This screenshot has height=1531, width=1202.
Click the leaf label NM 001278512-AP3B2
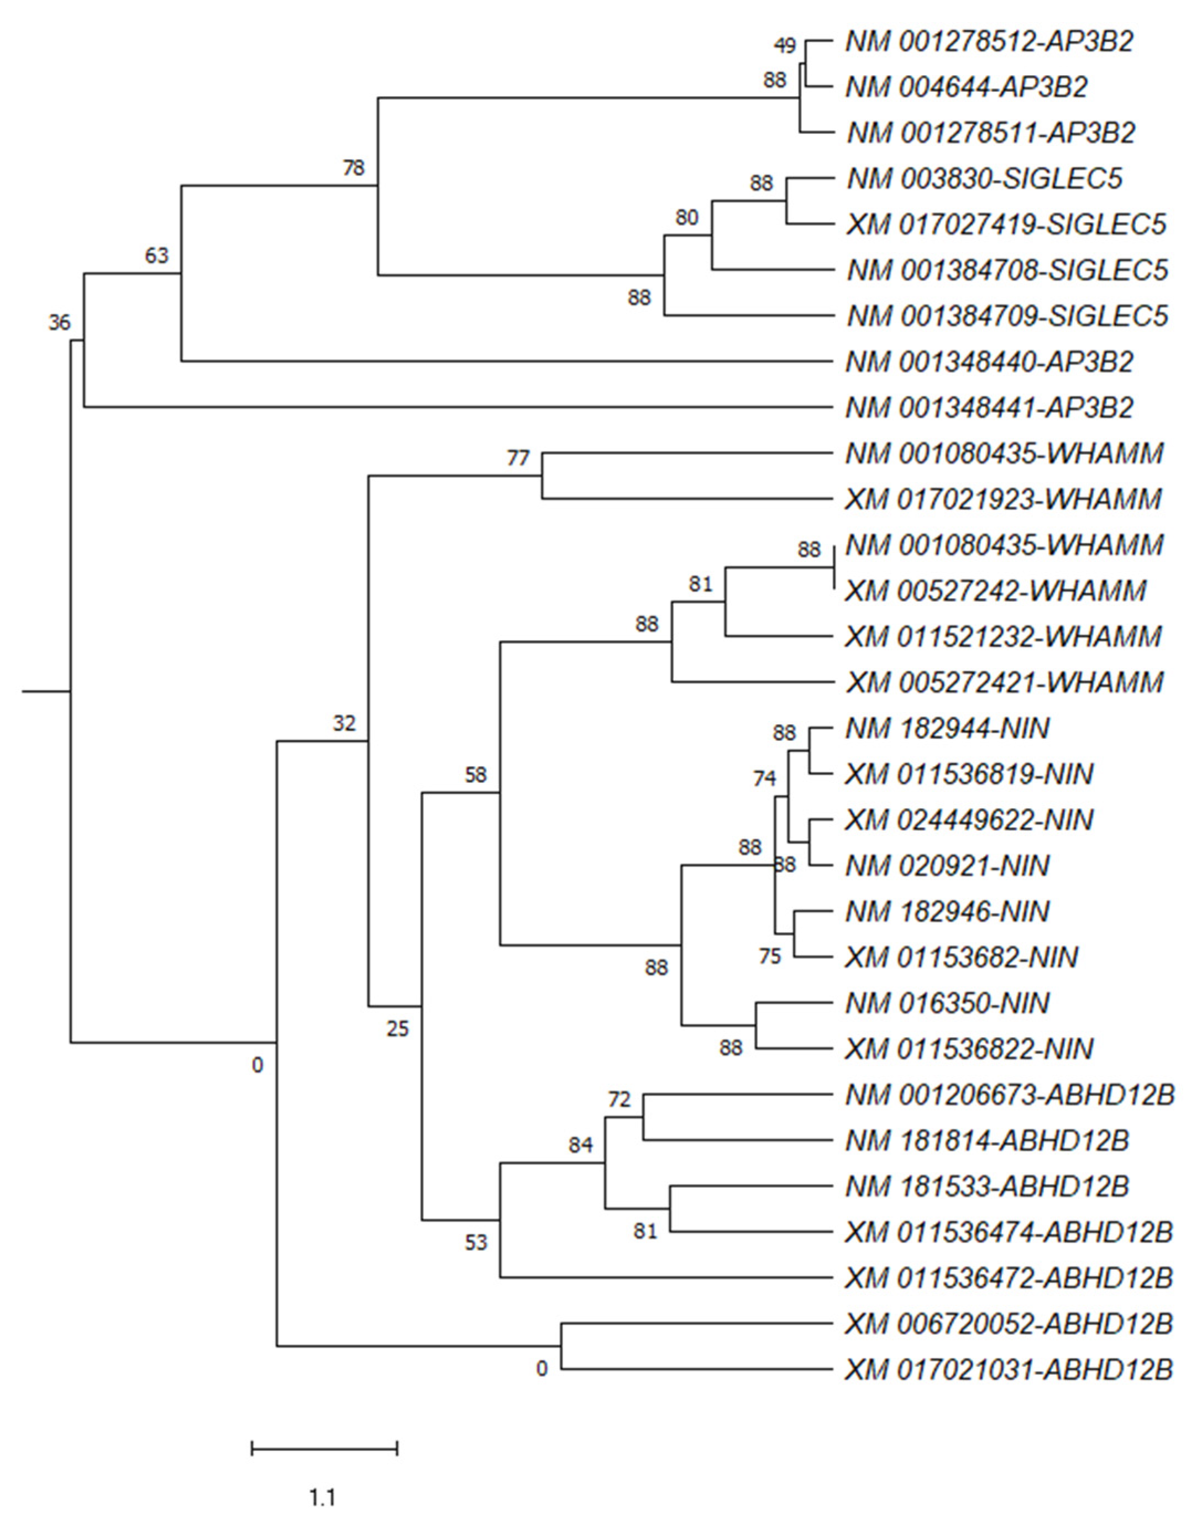pos(989,42)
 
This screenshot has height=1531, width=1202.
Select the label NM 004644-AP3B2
pos(967,87)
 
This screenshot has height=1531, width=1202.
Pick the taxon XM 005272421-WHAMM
pos(1004,682)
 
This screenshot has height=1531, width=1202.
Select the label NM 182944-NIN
pos(947,728)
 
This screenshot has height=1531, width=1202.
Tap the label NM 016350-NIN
pos(947,1003)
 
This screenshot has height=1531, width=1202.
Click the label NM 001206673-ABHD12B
pos(1010,1095)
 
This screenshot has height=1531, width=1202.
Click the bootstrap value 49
pos(785,46)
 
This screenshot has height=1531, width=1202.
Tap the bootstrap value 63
pos(157,255)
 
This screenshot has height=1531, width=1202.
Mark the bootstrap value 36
pos(60,323)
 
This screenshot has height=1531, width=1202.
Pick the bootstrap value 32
pos(344,723)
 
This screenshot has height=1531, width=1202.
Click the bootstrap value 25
pos(397,1029)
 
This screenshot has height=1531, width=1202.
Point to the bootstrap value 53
pos(476,1243)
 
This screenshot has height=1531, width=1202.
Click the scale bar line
pos(324,1448)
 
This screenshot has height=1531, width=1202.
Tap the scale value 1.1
pos(323,1498)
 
